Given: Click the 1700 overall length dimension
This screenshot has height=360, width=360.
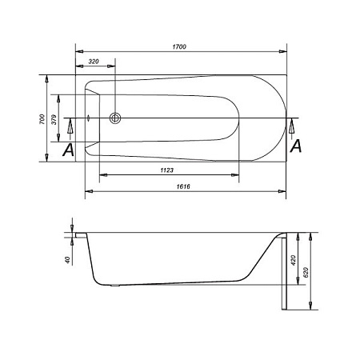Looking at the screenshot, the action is (179, 46).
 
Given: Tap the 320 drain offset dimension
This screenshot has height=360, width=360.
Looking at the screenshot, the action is (94, 62).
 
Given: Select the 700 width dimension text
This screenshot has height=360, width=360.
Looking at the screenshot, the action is (42, 119).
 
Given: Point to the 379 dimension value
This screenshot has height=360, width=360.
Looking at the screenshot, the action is (54, 119).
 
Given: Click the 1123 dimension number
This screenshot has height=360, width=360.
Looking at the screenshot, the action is (167, 170).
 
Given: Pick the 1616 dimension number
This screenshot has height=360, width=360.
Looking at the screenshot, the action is (183, 186).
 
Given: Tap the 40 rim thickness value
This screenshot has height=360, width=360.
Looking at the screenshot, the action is (67, 260).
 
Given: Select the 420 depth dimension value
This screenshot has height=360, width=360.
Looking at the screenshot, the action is (294, 260).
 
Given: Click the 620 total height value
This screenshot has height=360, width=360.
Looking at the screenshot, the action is (306, 272).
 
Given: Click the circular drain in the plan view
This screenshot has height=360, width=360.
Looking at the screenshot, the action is (115, 118).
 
